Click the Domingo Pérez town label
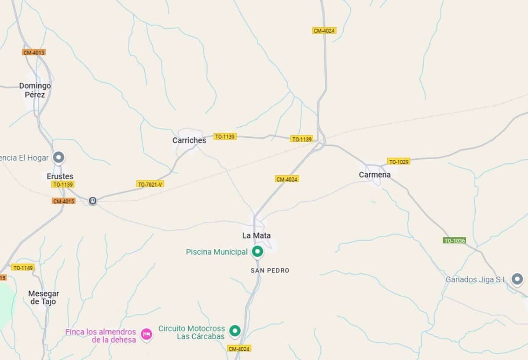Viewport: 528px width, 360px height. [35, 90]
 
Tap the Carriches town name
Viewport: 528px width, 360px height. [189, 140]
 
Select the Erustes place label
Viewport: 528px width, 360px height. [60, 176]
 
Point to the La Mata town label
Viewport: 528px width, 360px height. [256, 235]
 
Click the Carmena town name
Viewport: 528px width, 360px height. [374, 175]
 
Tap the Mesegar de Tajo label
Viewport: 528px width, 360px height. [44, 298]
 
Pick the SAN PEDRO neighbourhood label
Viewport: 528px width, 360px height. [270, 271]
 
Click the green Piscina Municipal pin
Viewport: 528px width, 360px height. [257, 252]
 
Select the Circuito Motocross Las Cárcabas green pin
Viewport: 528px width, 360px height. [235, 331]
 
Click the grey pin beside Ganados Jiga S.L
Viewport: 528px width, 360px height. [517, 279]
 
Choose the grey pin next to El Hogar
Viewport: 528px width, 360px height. [59, 157]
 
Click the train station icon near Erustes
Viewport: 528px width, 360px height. [92, 201]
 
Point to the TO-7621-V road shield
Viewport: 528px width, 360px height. [150, 184]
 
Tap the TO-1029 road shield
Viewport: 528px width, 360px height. [399, 162]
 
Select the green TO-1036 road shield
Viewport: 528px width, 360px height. [454, 241]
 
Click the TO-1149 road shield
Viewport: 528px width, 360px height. [23, 268]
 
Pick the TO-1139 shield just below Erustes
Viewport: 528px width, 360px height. [62, 184]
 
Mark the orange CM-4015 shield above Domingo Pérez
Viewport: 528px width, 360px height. [34, 52]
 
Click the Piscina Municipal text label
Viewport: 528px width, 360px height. [216, 252]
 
